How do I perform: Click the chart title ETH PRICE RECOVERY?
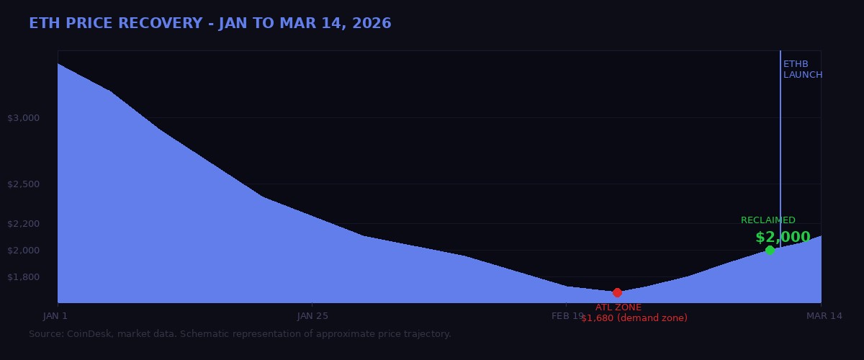pyautogui.click(x=210, y=24)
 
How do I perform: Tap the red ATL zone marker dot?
pyautogui.click(x=617, y=292)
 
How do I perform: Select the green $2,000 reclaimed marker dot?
pyautogui.click(x=770, y=250)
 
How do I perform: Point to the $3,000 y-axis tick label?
pyautogui.click(x=23, y=118)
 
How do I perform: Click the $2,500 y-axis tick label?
pyautogui.click(x=23, y=184)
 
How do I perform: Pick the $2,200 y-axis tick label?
pyautogui.click(x=23, y=224)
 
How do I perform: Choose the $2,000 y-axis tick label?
pyautogui.click(x=23, y=251)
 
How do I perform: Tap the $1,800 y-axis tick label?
pyautogui.click(x=23, y=277)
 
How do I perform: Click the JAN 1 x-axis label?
pyautogui.click(x=55, y=315)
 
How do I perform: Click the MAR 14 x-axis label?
pyautogui.click(x=824, y=315)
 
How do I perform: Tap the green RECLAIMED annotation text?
pyautogui.click(x=768, y=220)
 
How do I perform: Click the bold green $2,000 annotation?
pyautogui.click(x=783, y=237)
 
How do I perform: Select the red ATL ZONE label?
pyautogui.click(x=618, y=307)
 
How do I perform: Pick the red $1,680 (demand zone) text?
pyautogui.click(x=634, y=318)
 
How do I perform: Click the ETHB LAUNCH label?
pyautogui.click(x=802, y=70)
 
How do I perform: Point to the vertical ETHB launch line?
pyautogui.click(x=780, y=144)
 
